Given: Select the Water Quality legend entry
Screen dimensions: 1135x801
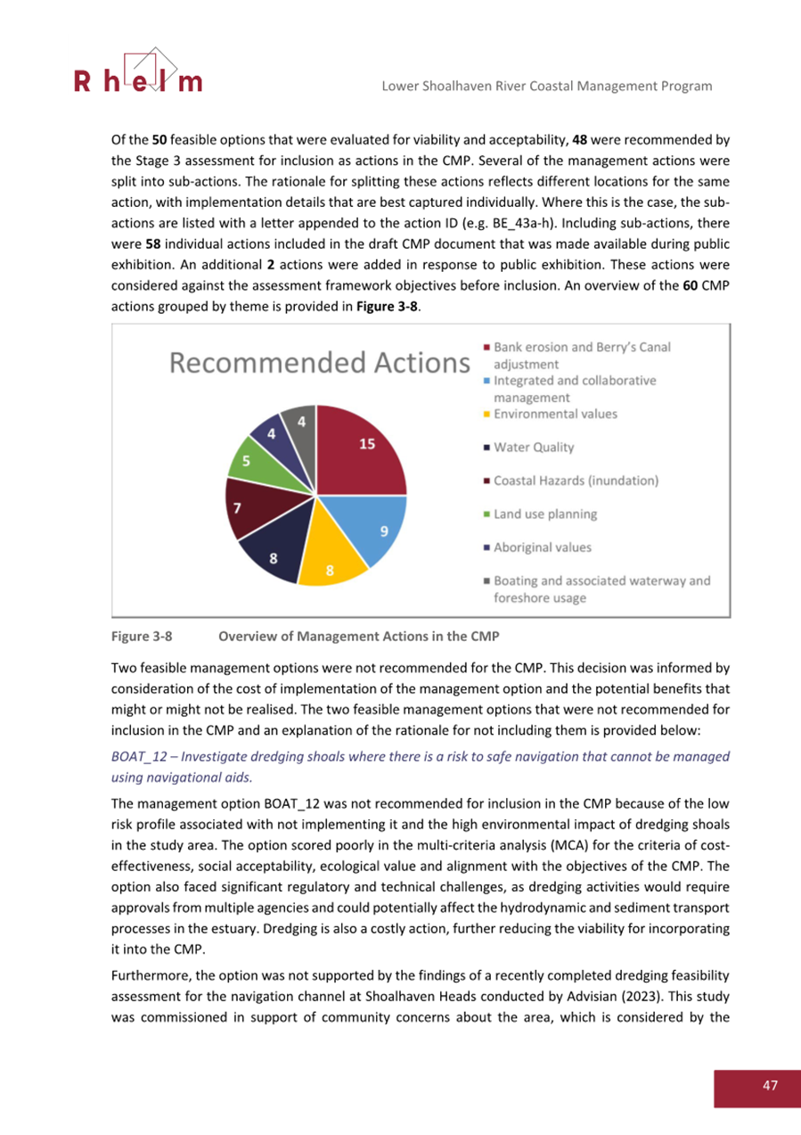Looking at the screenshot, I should click(533, 447).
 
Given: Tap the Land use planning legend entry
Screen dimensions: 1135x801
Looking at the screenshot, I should click(544, 514).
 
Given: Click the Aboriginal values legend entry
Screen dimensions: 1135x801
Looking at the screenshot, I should click(542, 547).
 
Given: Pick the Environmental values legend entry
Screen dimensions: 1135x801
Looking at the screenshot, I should click(554, 414).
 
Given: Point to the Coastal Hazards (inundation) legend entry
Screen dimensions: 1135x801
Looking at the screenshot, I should click(576, 481).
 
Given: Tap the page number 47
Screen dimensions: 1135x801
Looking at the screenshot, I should click(770, 1085).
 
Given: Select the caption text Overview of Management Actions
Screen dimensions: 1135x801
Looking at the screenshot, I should click(359, 637).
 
